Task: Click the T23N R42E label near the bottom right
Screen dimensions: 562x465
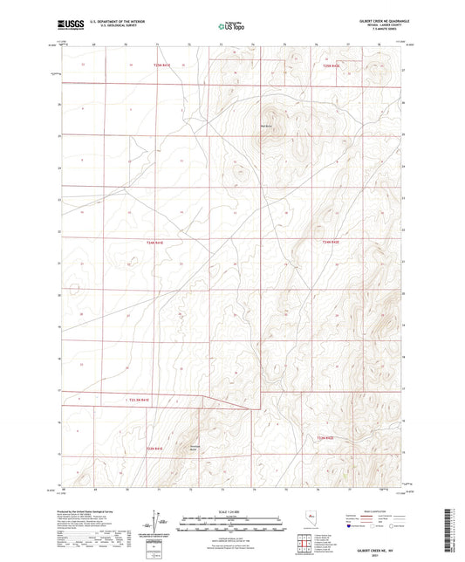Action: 326,437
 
